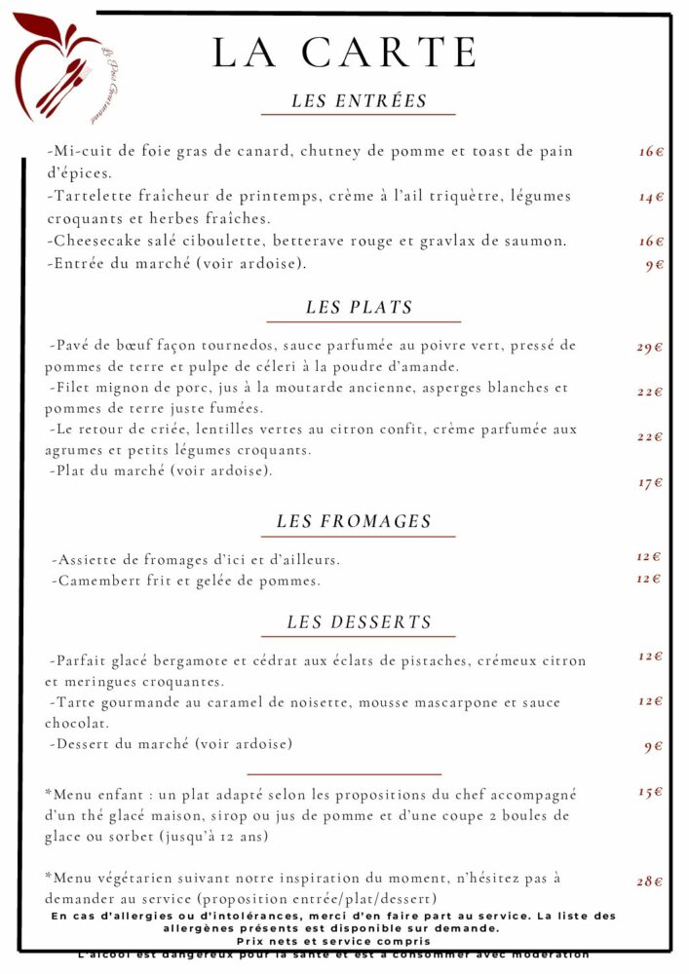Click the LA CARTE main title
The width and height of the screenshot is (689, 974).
345,53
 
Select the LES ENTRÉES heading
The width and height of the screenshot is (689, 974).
359,101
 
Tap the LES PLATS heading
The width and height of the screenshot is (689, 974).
360,308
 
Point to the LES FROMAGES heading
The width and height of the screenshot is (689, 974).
354,522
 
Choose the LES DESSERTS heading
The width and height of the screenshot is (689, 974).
359,622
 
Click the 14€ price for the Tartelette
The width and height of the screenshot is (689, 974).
651,197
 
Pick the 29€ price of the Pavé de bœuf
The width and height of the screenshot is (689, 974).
650,347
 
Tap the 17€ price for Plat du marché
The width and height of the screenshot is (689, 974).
650,483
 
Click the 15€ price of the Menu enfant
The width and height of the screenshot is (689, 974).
650,792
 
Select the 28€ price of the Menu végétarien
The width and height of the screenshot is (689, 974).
650,881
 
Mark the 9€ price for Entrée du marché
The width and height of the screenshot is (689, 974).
654,265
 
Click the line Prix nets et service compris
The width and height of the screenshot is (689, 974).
333,942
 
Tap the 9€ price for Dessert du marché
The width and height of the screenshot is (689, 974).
653,747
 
